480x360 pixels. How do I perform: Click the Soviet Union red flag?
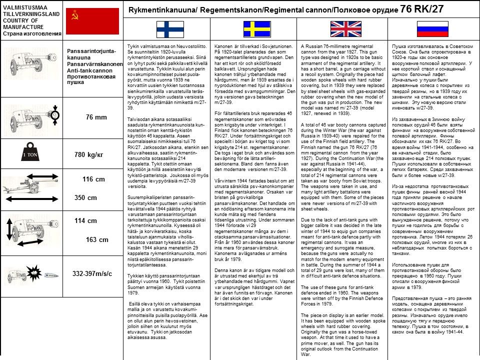(x=93, y=20)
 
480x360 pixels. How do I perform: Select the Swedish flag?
(x=256, y=29)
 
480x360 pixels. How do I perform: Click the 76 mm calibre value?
(x=96, y=117)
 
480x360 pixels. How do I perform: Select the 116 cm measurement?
(x=93, y=179)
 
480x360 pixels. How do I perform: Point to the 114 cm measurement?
(x=85, y=220)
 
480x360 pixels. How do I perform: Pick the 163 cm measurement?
(x=97, y=239)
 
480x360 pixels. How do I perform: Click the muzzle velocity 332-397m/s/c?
(x=92, y=273)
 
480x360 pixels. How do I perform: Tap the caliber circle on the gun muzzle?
(x=55, y=115)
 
